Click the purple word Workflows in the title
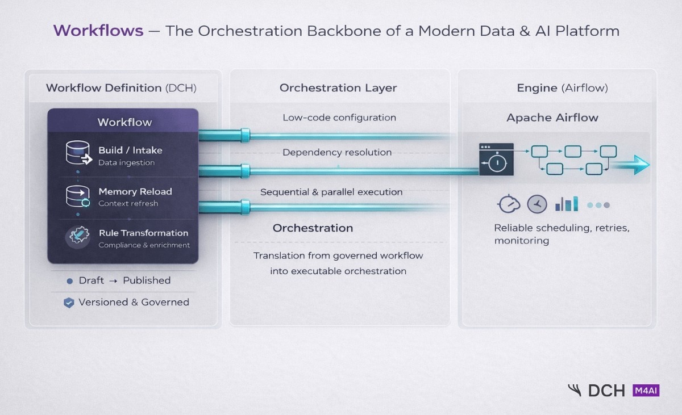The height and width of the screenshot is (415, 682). (x=98, y=30)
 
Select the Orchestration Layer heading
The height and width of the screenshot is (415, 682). (x=338, y=87)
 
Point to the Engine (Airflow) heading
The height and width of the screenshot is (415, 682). (x=554, y=87)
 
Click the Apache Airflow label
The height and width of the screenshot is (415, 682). (x=552, y=118)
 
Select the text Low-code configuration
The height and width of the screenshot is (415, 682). (x=339, y=118)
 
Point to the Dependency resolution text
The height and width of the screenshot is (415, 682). (x=337, y=152)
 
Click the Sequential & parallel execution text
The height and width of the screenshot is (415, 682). (x=331, y=192)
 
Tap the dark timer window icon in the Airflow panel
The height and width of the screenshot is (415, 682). (x=496, y=159)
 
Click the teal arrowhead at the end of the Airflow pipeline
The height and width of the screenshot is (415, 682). (x=642, y=164)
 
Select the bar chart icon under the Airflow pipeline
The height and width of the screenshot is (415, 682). (x=567, y=204)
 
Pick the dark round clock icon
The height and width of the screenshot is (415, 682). (x=537, y=204)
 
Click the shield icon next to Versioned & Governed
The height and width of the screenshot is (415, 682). (x=69, y=303)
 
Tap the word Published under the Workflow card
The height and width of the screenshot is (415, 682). (x=147, y=280)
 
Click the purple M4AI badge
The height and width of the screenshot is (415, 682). (x=646, y=390)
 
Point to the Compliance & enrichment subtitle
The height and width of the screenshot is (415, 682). (x=144, y=245)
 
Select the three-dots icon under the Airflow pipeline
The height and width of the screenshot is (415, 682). (x=598, y=205)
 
